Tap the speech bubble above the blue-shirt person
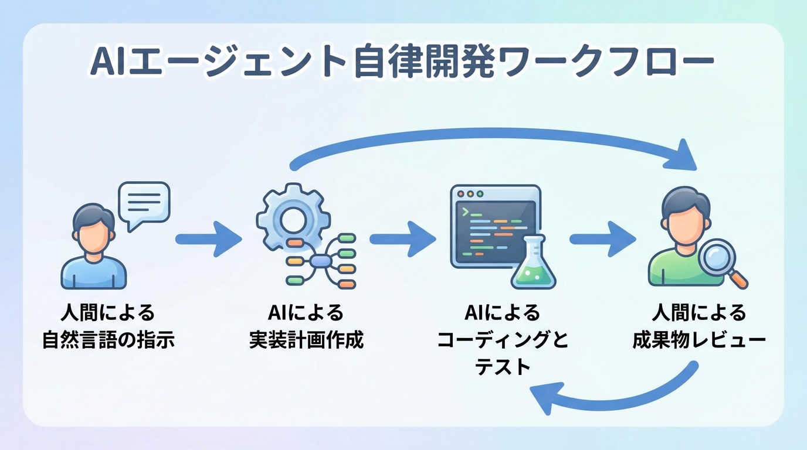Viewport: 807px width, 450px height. click(144, 205)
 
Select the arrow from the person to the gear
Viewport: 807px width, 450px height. click(208, 239)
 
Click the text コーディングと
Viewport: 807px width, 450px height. click(503, 340)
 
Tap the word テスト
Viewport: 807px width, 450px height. click(503, 367)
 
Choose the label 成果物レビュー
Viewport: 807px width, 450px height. click(699, 340)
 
